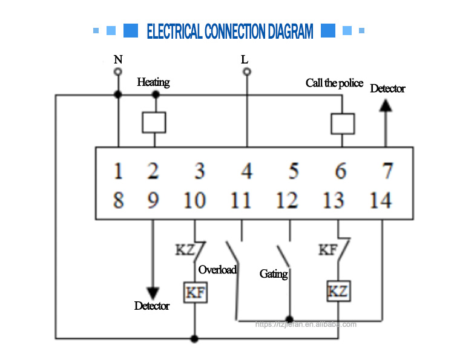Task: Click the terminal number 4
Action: pos(246,171)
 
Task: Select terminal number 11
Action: pos(240,200)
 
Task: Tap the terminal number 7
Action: pos(387,171)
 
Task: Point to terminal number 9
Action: pos(153,200)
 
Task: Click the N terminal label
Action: pos(118,59)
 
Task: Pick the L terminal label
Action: pos(245,59)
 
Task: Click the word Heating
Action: pos(153,82)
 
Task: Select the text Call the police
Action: pos(334,83)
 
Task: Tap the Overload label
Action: pos(217,270)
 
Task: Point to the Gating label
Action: pos(274,274)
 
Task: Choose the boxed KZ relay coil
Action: pos(338,292)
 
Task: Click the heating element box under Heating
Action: pos(154,122)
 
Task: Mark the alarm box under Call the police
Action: pos(343,123)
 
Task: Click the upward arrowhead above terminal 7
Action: pos(386,104)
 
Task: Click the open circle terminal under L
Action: pos(246,71)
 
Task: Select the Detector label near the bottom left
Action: pos(152,306)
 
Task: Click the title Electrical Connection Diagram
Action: pos(230,31)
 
